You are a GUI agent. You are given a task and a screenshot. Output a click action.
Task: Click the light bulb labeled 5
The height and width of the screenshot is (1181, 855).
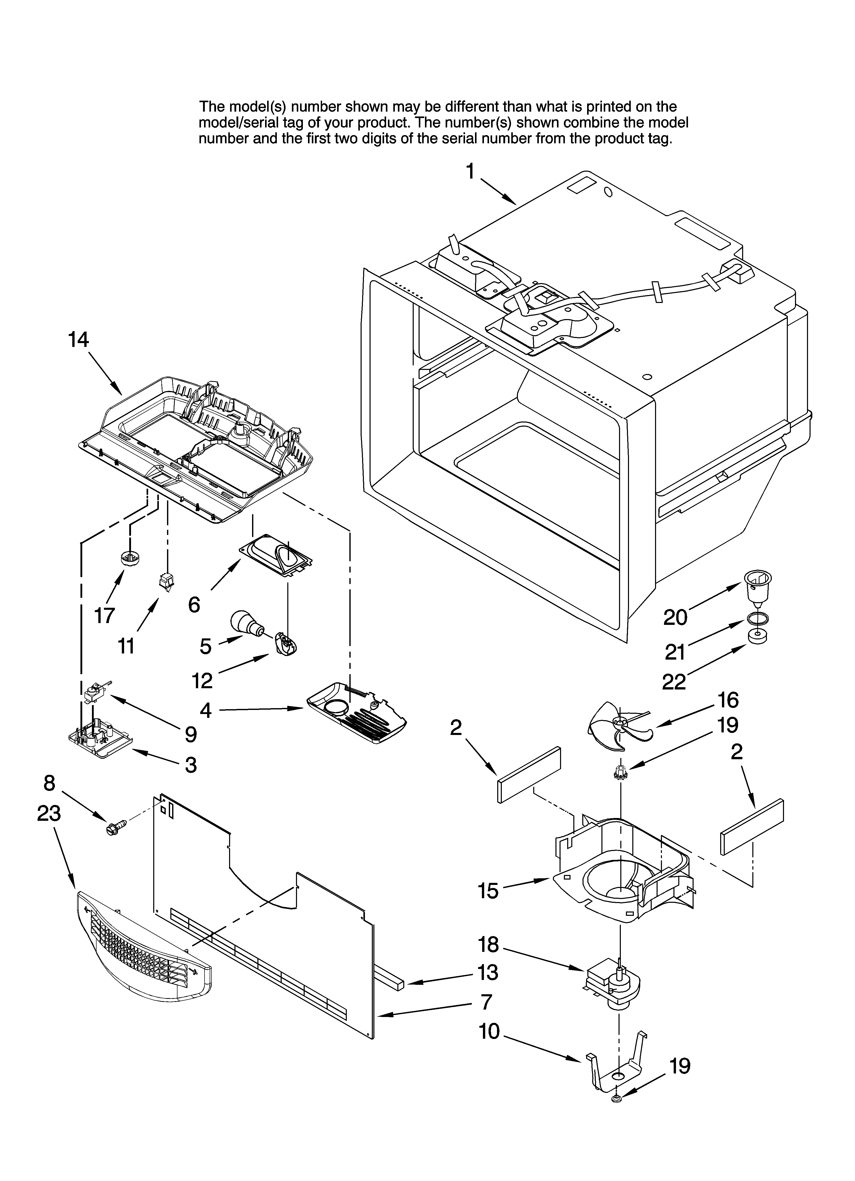[x=246, y=621]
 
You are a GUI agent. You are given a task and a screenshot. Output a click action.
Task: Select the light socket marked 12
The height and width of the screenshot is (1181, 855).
[x=284, y=641]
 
